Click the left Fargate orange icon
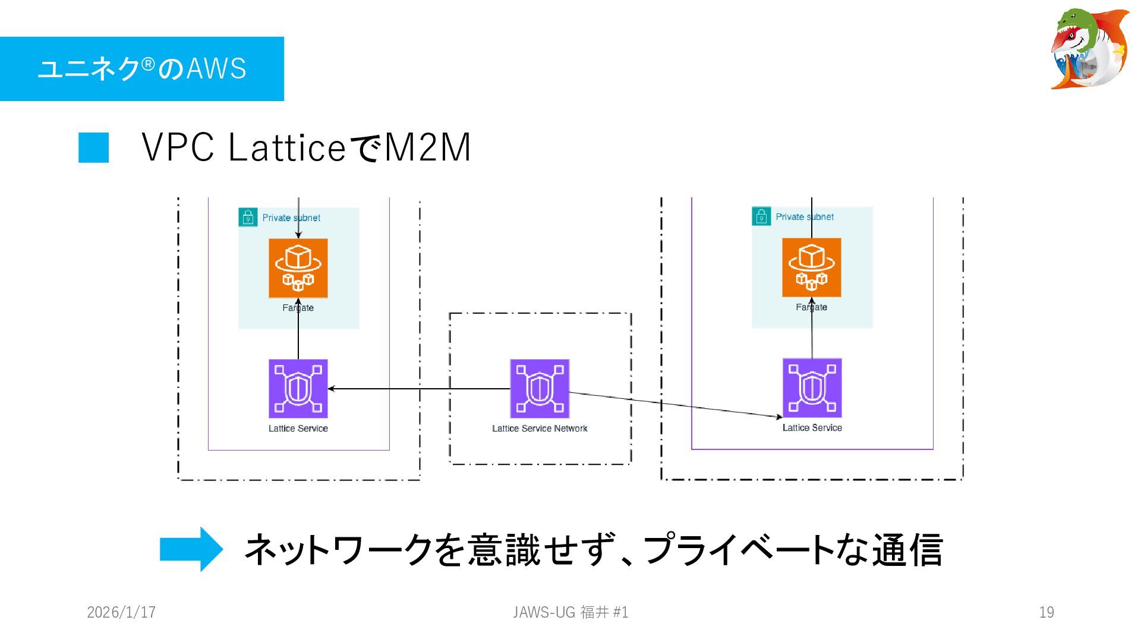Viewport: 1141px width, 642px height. click(x=298, y=268)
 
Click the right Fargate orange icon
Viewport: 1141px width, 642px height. click(x=811, y=267)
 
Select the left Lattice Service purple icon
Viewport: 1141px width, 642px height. click(x=298, y=389)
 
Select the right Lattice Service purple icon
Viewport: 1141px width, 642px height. click(x=812, y=388)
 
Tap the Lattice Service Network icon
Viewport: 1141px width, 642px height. click(x=540, y=389)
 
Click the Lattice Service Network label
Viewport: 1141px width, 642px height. click(x=540, y=429)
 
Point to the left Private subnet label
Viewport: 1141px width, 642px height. click(x=291, y=218)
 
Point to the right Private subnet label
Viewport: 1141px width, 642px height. click(x=805, y=217)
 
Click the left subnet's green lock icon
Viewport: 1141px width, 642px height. click(x=248, y=218)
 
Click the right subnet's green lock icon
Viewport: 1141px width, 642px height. click(x=761, y=216)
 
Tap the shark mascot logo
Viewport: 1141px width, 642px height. click(x=1090, y=49)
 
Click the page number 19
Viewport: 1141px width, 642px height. click(x=1047, y=612)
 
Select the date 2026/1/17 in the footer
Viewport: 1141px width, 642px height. click(x=121, y=612)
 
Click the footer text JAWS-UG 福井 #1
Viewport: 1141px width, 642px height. click(x=570, y=612)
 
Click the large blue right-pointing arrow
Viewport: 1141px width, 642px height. click(x=191, y=549)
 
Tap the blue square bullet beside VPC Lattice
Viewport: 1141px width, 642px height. click(x=94, y=147)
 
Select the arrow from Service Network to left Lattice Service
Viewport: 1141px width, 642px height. click(x=419, y=389)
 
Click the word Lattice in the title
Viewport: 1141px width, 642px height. click(x=286, y=147)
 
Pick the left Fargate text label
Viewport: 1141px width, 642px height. click(x=298, y=308)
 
